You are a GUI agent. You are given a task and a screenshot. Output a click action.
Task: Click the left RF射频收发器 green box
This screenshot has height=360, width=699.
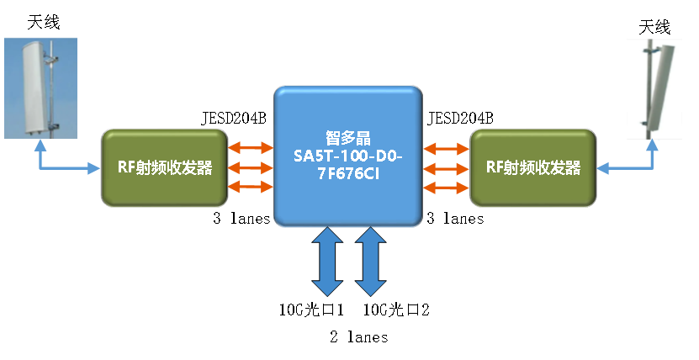(164, 167)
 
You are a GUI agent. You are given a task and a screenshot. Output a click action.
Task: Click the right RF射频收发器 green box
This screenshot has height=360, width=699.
(533, 167)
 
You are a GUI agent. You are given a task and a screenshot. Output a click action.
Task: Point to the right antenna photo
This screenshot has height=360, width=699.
(654, 88)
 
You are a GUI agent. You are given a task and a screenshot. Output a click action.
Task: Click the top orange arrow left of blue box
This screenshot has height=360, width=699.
(251, 149)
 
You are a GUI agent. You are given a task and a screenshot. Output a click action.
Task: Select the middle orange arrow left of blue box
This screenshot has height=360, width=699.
(251, 167)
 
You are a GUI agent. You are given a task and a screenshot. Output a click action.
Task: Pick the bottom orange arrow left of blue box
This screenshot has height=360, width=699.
(251, 186)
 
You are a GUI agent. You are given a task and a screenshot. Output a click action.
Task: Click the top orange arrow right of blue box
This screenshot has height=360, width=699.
(446, 149)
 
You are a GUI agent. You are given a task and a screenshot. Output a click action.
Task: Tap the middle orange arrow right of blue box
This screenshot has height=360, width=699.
(446, 167)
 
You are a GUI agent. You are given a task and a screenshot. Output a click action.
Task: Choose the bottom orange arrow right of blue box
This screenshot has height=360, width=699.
(446, 186)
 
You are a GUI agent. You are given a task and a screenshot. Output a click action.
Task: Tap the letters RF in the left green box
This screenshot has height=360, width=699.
(125, 167)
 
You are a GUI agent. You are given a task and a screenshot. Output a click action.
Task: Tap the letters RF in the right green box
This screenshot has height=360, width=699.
(495, 167)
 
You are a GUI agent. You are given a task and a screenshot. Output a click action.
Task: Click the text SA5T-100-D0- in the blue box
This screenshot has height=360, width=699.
(347, 156)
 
